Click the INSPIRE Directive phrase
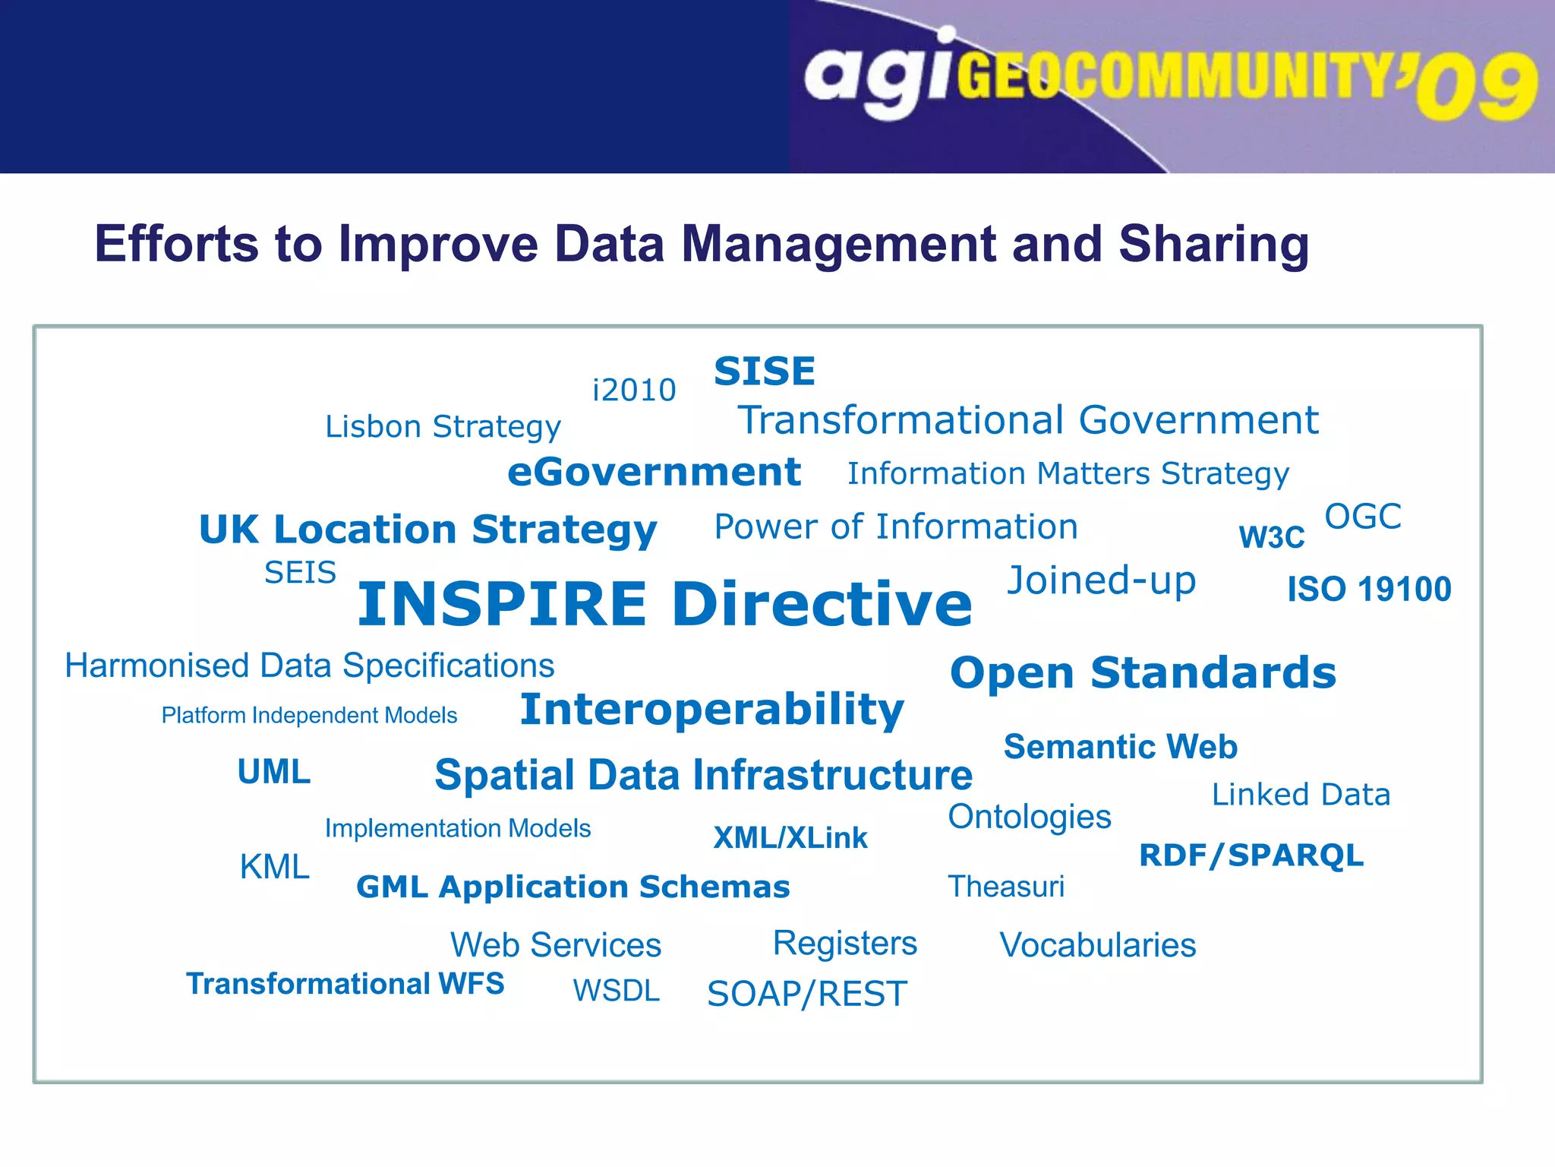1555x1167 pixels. coord(664,604)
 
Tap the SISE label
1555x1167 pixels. coord(765,372)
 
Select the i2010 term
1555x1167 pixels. coord(634,391)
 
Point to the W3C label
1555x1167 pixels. coord(1272,537)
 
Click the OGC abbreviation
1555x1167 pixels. coord(1363,517)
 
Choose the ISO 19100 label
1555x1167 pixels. coord(1369,590)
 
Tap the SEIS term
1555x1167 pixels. coord(300,573)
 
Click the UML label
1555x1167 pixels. coord(274,772)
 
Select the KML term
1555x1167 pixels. coord(274,867)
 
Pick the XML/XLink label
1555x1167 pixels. coord(790,838)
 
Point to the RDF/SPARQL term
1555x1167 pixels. coord(1251,855)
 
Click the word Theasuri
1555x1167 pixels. coord(1006,887)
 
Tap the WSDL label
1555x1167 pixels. coord(617,991)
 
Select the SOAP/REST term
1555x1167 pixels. coord(807,994)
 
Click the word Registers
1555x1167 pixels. coord(845,944)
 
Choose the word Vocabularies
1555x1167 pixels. coord(1098,946)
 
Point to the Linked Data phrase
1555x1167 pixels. coord(1301,795)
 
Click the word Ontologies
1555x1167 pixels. coord(1030,818)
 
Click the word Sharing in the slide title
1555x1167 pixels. coord(1213,245)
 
